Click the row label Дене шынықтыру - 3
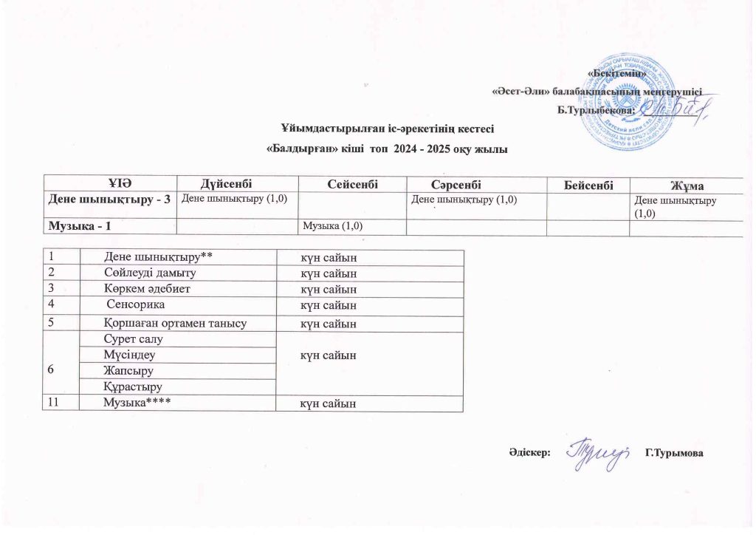tap(110, 199)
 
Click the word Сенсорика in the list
tap(137, 304)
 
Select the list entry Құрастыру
tap(133, 386)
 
